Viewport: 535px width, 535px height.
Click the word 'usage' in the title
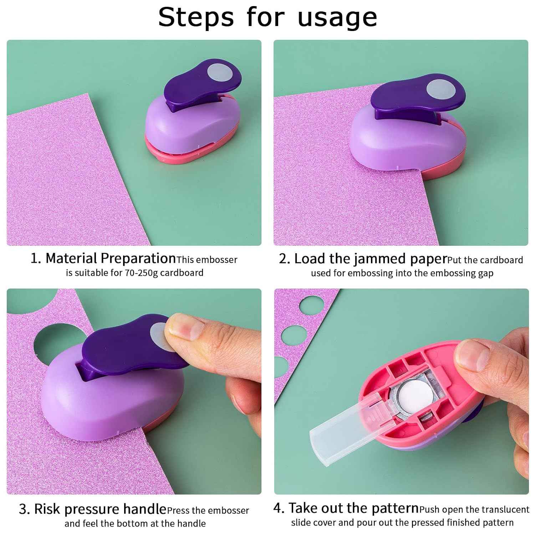(337, 17)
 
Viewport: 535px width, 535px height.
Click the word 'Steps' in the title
(196, 17)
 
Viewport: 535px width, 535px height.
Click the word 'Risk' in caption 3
(48, 509)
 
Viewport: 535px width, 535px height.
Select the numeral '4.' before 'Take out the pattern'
(279, 508)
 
